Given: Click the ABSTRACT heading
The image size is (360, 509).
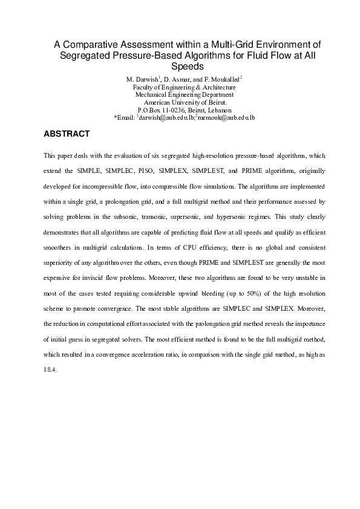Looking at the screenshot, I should click(x=67, y=134).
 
